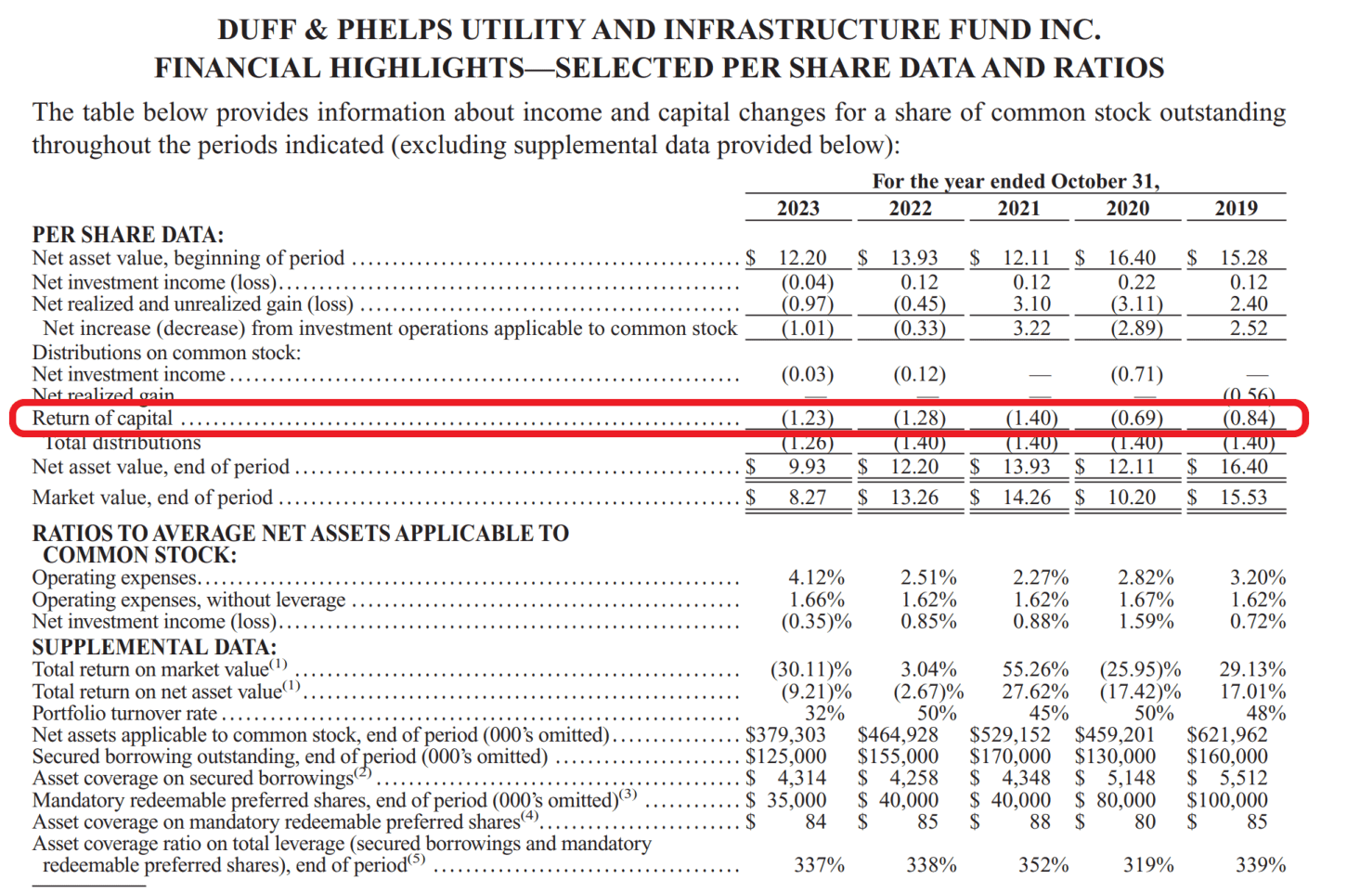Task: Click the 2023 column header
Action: coord(797,208)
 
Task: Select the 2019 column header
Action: coord(1236,208)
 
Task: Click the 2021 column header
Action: coord(1018,208)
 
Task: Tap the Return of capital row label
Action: coord(102,419)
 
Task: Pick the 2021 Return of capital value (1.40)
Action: coord(1031,419)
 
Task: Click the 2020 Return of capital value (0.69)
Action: coord(1136,419)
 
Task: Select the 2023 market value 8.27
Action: coord(807,498)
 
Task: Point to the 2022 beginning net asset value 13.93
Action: coord(913,258)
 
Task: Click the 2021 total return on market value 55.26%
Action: coord(1035,669)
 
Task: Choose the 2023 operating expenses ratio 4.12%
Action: coord(816,577)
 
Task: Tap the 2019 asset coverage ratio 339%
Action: coord(1260,865)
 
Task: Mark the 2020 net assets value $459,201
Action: coord(1115,735)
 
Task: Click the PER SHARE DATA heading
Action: coord(128,235)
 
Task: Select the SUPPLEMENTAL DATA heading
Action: coord(154,647)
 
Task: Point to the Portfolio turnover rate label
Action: coord(124,713)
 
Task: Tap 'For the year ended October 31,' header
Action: coord(1016,181)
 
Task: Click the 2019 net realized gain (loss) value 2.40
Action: coord(1248,304)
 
